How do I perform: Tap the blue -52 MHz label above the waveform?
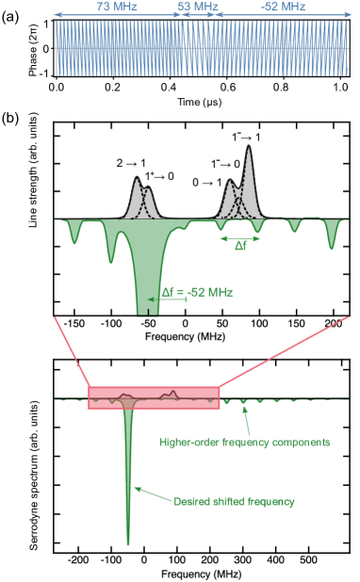[284, 8]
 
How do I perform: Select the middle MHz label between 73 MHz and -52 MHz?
[197, 8]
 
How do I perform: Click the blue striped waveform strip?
[202, 48]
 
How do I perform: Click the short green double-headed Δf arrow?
[240, 238]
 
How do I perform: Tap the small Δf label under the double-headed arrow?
[241, 247]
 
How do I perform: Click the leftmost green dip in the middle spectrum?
[75, 235]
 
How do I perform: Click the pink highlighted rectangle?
[154, 397]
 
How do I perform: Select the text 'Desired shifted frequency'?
[235, 502]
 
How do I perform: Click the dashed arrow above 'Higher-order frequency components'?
[243, 419]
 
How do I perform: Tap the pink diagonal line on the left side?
[71, 353]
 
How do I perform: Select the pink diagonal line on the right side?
[283, 353]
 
